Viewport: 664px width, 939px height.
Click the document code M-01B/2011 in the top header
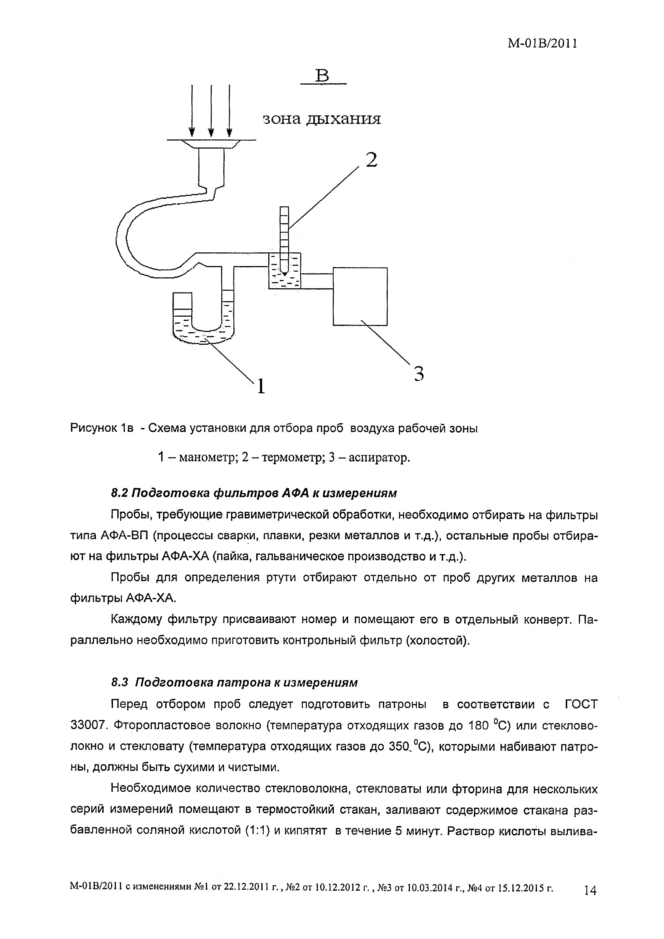click(542, 44)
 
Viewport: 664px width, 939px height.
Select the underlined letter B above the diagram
click(323, 77)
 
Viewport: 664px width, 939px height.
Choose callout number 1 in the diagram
click(261, 386)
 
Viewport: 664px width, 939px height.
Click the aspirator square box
click(360, 296)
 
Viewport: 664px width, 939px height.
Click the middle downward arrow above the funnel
click(211, 111)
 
